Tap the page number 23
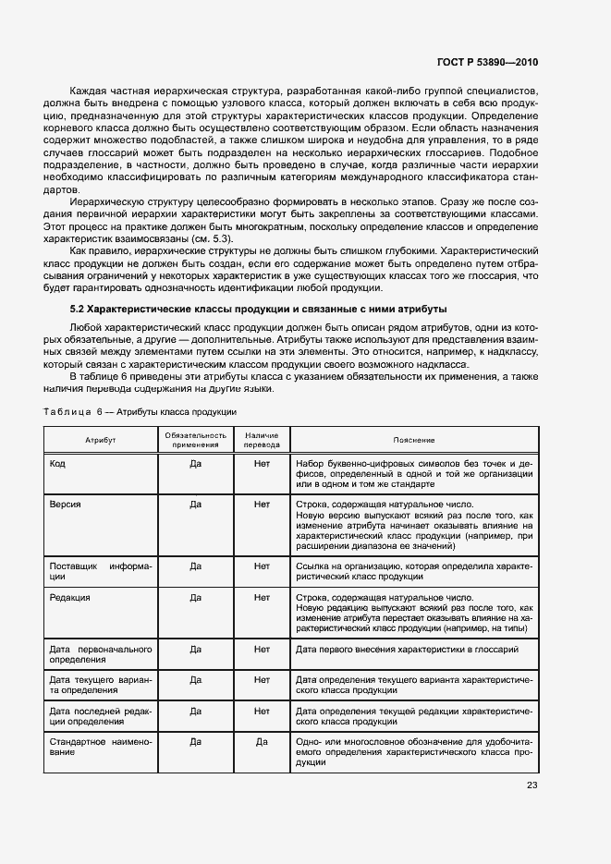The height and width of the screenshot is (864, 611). (532, 785)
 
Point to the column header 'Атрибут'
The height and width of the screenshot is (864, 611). (101, 440)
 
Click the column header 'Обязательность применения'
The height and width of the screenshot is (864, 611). (195, 440)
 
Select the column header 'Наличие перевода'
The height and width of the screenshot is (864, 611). (261, 440)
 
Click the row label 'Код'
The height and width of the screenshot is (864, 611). (56, 463)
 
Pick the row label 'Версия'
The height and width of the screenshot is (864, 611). (65, 505)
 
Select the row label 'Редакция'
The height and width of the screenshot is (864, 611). (69, 598)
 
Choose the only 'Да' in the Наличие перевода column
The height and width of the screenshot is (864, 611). (261, 741)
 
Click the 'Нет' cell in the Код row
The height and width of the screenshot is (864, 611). (261, 463)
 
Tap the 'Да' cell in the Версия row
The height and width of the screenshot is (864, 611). (195, 505)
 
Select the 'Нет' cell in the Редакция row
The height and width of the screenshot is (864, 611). (261, 598)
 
